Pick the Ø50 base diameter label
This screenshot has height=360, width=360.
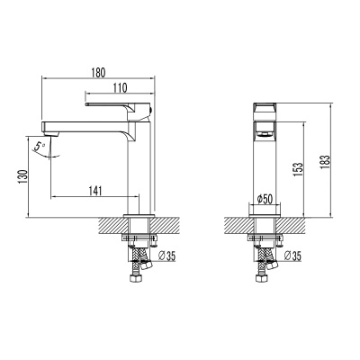pos(265,197)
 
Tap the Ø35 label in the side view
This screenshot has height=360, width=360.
pos(167,256)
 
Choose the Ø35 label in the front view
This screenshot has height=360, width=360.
pos(292,256)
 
